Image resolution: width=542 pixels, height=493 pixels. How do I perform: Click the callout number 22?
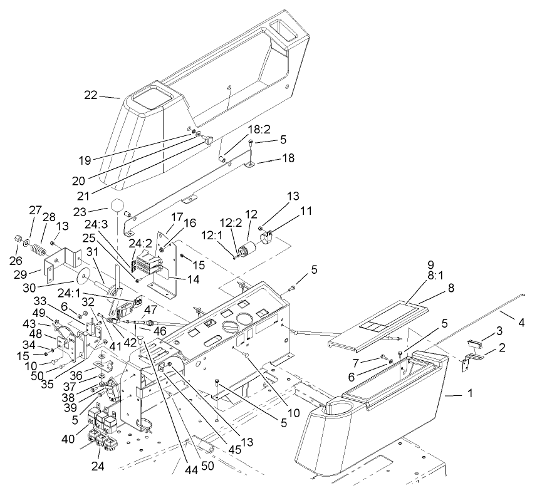(x=92, y=95)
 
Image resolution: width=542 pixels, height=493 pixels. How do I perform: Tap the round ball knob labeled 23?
(x=118, y=206)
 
